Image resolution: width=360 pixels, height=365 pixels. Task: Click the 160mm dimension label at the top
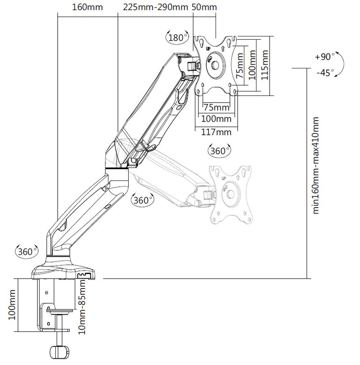pyautogui.click(x=87, y=7)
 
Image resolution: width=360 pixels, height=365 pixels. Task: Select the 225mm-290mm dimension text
pyautogui.click(x=149, y=7)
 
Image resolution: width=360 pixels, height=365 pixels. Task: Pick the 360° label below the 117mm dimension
pyautogui.click(x=219, y=151)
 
